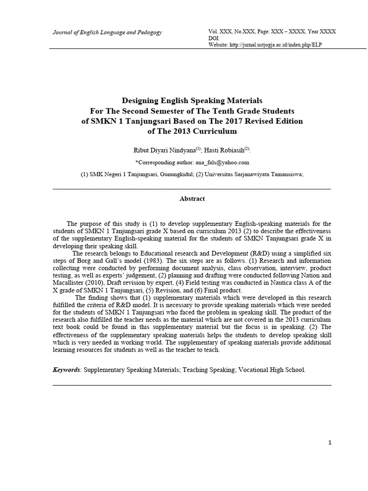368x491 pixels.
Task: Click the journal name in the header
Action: (x=107, y=32)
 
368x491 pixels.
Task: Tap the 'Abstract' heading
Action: (x=192, y=199)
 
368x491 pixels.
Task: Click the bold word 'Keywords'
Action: (x=66, y=370)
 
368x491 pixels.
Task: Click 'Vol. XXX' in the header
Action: (x=220, y=32)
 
